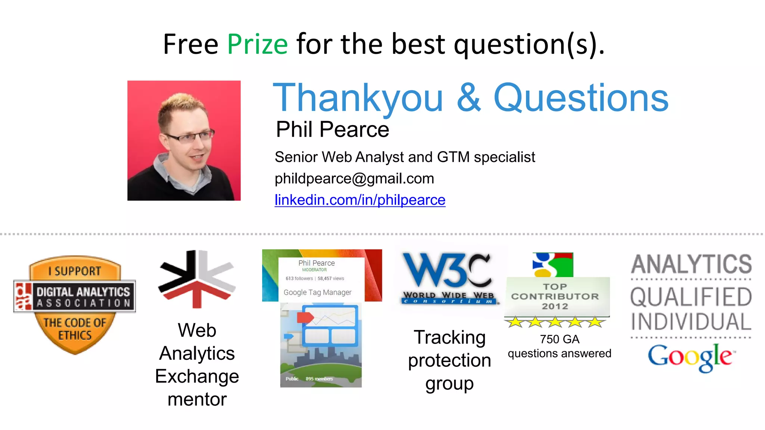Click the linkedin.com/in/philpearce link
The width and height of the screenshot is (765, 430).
[x=360, y=200]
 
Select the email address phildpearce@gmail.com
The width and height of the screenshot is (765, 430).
[x=354, y=179]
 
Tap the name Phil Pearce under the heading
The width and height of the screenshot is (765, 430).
[x=332, y=130]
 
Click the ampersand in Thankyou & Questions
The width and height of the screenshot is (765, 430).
[x=468, y=98]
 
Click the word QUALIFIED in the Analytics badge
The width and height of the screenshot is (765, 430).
[x=691, y=297]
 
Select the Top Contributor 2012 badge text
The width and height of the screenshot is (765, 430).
[x=555, y=296]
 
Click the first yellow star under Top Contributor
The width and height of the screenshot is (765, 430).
[x=516, y=322]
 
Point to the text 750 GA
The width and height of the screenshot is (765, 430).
[x=559, y=339]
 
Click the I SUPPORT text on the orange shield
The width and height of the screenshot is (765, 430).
[x=75, y=271]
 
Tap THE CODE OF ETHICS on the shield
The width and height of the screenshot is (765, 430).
[x=75, y=329]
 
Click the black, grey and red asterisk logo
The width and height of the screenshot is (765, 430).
[x=197, y=278]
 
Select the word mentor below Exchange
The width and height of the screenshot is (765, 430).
[x=197, y=399]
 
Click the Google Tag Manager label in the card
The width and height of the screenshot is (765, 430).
[x=317, y=292]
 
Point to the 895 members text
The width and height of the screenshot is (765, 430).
[x=319, y=379]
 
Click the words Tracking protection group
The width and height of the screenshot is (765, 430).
[x=449, y=360]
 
